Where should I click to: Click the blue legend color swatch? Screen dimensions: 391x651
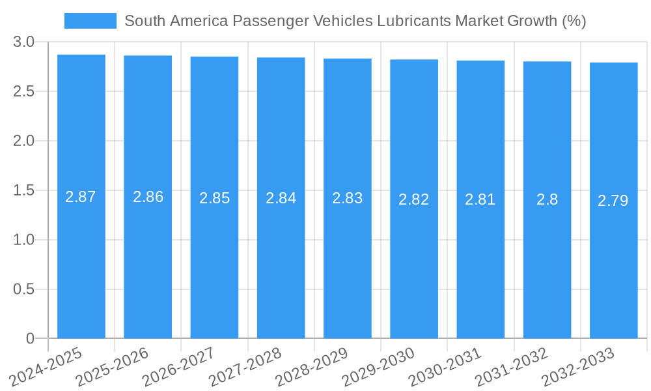pyautogui.click(x=90, y=21)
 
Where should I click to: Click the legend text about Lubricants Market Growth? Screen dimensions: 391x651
pyautogui.click(x=355, y=21)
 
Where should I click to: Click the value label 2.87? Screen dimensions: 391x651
pyautogui.click(x=81, y=197)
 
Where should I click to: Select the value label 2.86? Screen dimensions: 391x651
pyautogui.click(x=148, y=197)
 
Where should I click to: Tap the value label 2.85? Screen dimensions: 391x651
pyautogui.click(x=214, y=198)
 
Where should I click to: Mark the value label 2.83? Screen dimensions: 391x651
pyautogui.click(x=347, y=198)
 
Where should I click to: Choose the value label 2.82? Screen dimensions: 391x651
pyautogui.click(x=414, y=199)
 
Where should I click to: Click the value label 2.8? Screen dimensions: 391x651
pyautogui.click(x=547, y=199)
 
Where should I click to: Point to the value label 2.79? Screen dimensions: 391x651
pyautogui.click(x=613, y=201)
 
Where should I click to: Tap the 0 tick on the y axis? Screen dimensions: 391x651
pyautogui.click(x=30, y=338)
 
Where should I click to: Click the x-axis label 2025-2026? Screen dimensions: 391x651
pyautogui.click(x=113, y=367)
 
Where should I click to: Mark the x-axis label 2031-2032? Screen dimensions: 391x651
pyautogui.click(x=512, y=367)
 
